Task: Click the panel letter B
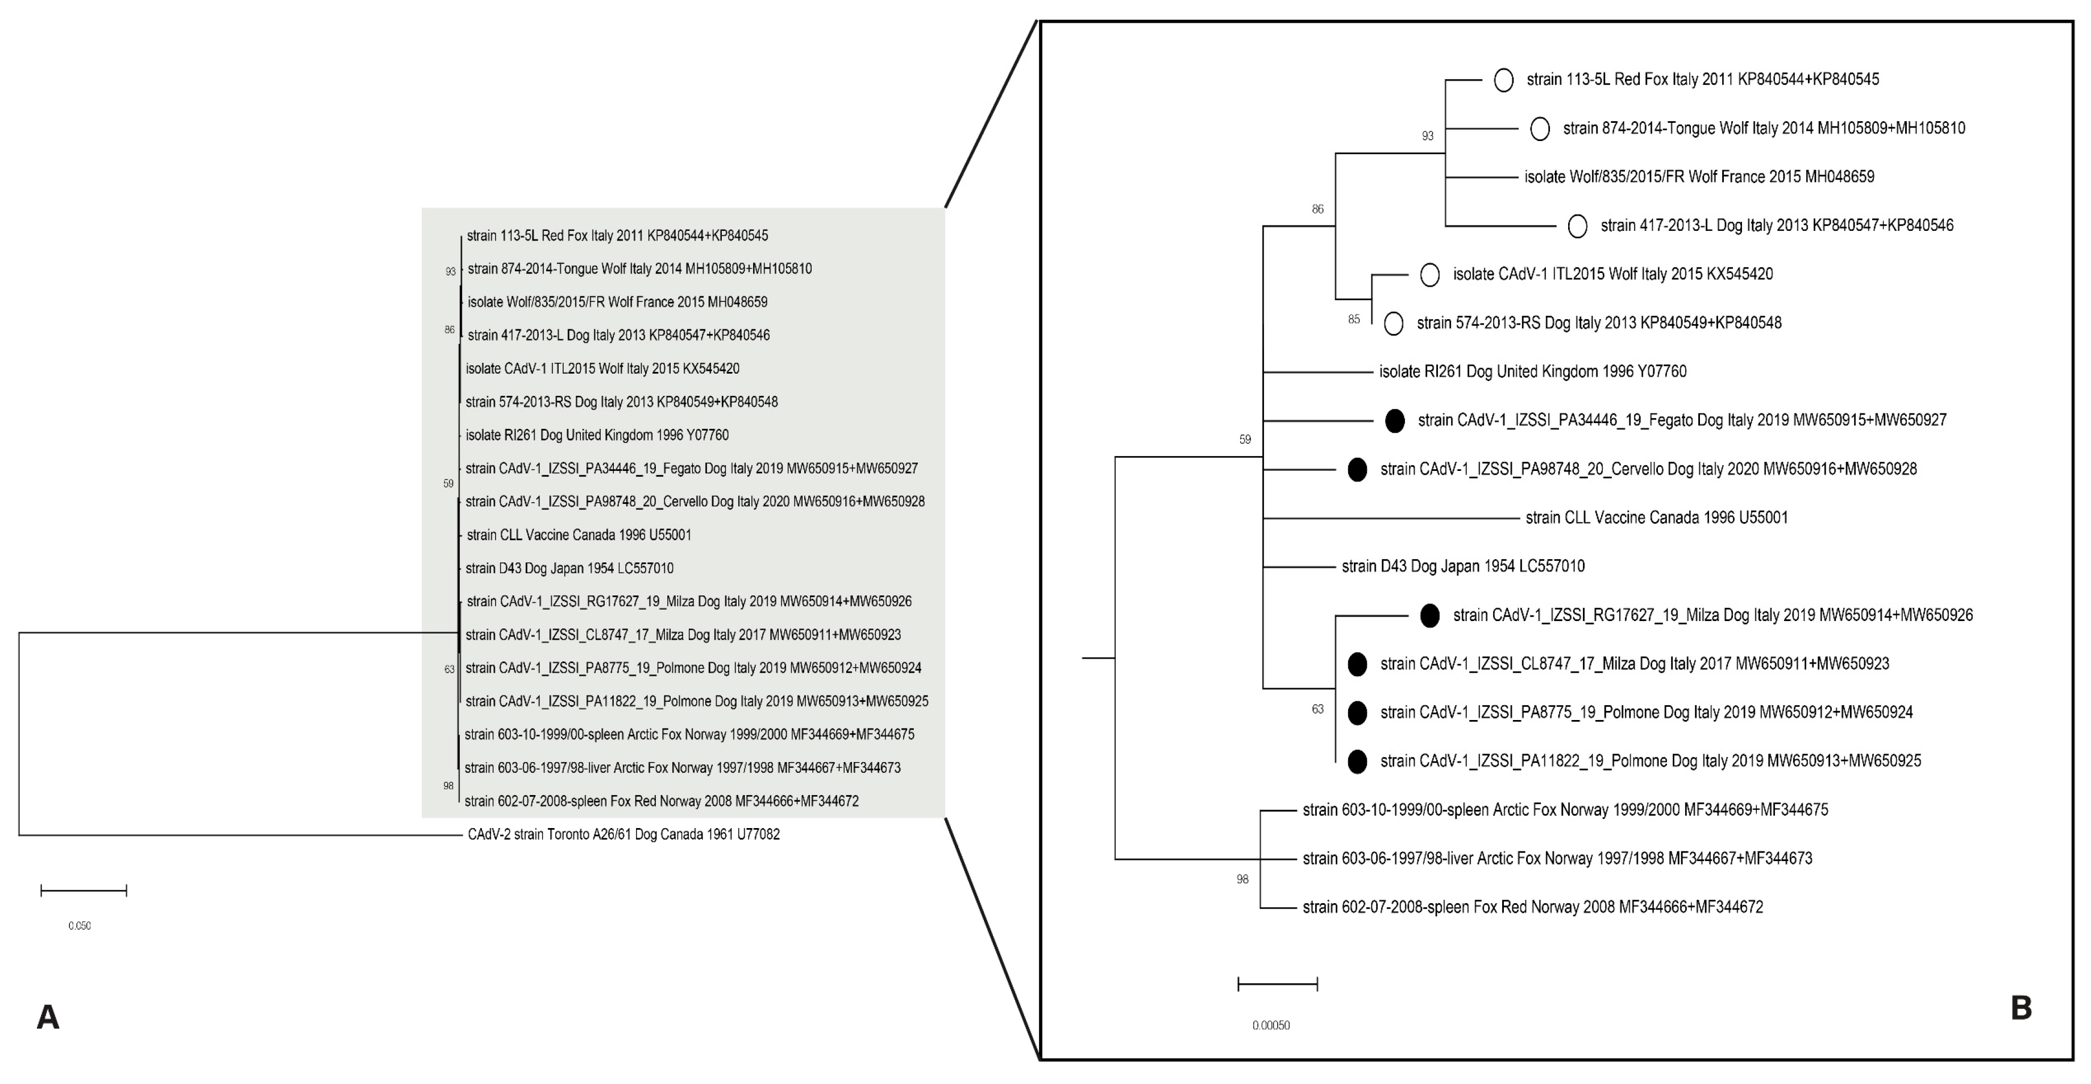pos(2021,1008)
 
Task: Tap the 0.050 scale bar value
pos(80,926)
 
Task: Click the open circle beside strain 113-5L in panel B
pos(1503,80)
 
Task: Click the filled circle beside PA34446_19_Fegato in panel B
pos(1395,421)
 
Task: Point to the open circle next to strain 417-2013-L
pos(1577,226)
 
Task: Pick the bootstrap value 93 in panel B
pos(1428,136)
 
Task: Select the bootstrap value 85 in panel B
pos(1354,319)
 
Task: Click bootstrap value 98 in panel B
pos(1242,879)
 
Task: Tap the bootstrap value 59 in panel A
pos(448,484)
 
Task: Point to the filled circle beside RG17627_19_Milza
pos(1430,615)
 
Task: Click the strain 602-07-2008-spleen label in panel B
pos(1532,907)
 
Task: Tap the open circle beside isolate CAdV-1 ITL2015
pos(1429,275)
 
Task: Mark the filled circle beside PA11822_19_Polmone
pos(1357,762)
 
